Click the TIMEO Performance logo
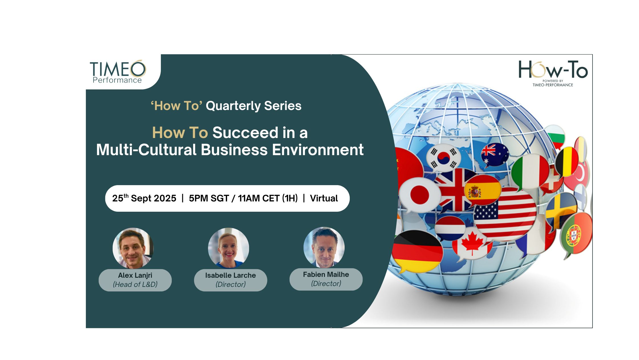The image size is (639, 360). pyautogui.click(x=118, y=72)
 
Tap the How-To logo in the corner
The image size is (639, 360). pyautogui.click(x=553, y=73)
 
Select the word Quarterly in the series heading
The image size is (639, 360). pyautogui.click(x=233, y=106)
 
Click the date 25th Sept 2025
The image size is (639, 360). pyautogui.click(x=144, y=198)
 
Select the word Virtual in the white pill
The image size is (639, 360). pyautogui.click(x=324, y=198)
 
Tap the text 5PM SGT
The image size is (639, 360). pyautogui.click(x=209, y=198)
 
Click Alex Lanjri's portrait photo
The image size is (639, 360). pyautogui.click(x=133, y=248)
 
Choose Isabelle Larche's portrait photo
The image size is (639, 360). pyautogui.click(x=228, y=248)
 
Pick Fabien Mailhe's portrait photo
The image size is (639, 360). pyautogui.click(x=324, y=247)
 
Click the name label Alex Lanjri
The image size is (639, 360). pyautogui.click(x=135, y=275)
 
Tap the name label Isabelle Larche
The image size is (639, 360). pyautogui.click(x=230, y=275)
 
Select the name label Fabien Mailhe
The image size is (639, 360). pyautogui.click(x=326, y=274)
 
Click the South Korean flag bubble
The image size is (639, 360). pyautogui.click(x=443, y=157)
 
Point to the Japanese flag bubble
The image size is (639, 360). pyautogui.click(x=419, y=195)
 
